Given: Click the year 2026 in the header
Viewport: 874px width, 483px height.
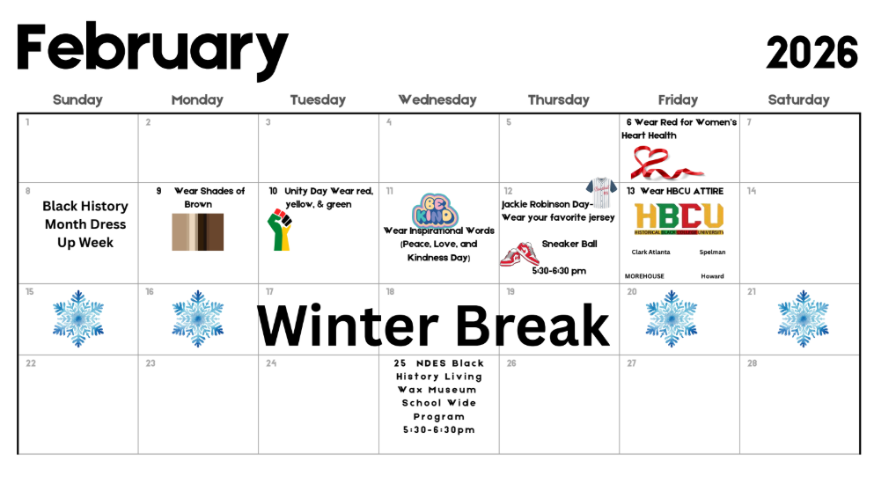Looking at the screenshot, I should [x=811, y=55].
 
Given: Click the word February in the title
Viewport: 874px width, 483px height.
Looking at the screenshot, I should [x=152, y=49].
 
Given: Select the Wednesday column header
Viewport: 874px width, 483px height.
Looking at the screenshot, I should [x=437, y=100].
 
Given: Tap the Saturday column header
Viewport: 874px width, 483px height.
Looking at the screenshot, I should [x=798, y=100].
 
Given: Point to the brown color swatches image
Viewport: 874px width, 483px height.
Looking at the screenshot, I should [x=197, y=232].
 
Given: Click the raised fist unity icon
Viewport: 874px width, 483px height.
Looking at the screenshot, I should [x=278, y=231].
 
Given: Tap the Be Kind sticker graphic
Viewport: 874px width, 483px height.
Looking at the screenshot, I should [x=433, y=210].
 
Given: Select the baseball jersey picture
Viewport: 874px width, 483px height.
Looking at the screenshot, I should [x=602, y=187].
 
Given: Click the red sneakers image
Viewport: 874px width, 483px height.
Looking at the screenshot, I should [x=519, y=254].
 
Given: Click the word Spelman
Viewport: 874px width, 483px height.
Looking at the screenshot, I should [x=712, y=252].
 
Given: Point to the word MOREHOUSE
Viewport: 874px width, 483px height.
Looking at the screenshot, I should [x=644, y=276].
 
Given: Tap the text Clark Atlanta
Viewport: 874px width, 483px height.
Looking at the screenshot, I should [x=650, y=252].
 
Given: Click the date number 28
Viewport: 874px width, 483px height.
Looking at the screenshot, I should [x=752, y=363].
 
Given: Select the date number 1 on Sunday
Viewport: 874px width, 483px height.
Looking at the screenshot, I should [x=28, y=122].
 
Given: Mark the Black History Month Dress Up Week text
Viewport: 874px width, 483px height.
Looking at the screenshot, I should [x=85, y=224].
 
